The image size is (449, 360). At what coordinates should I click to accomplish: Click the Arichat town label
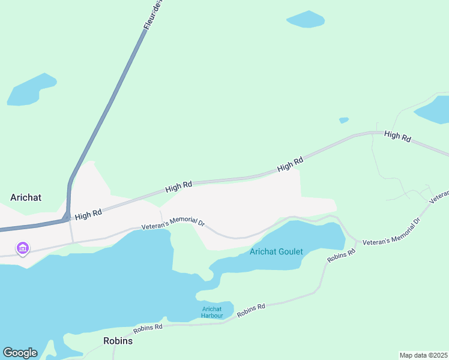[x=26, y=197]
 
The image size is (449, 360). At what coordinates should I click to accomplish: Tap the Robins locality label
[x=118, y=341]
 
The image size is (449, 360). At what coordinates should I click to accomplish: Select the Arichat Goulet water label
[x=276, y=252]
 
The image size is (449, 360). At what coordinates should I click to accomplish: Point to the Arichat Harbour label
[x=212, y=313]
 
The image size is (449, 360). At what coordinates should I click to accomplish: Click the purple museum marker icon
[x=23, y=247]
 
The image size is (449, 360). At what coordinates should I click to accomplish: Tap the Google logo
[x=20, y=353]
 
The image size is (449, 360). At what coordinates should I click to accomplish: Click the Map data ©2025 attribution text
[x=423, y=355]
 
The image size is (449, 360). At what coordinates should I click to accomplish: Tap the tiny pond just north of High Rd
[x=343, y=120]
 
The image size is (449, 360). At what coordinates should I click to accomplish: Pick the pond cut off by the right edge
[x=435, y=108]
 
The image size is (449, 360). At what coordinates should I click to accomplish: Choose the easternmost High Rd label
[x=397, y=137]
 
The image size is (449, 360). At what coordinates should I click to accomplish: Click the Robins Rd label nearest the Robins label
[x=148, y=328]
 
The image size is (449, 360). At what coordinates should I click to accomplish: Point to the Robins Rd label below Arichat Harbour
[x=251, y=310]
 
